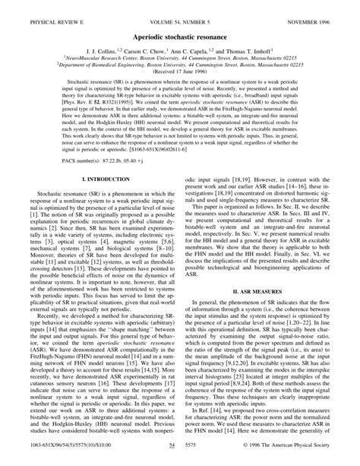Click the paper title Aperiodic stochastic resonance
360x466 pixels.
180,26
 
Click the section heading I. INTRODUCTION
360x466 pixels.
94,200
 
